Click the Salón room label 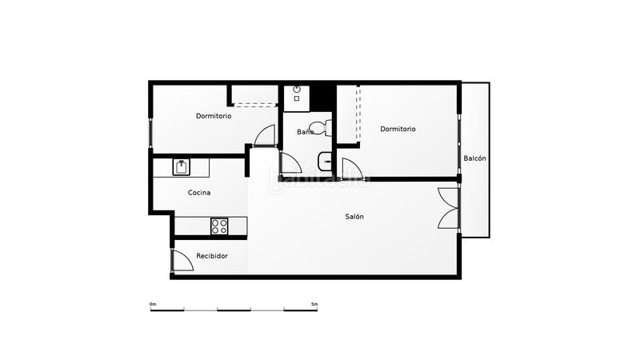(x=354, y=217)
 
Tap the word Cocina (x=199, y=193)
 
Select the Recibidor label (x=212, y=256)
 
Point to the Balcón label (x=474, y=158)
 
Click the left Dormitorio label (x=214, y=116)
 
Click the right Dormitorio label (x=398, y=129)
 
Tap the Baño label (x=306, y=132)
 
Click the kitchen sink (x=182, y=167)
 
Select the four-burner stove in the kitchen (x=220, y=226)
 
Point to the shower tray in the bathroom (x=297, y=96)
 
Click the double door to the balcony (x=449, y=209)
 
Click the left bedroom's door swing (x=265, y=136)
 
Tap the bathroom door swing (x=289, y=162)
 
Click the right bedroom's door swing (x=351, y=169)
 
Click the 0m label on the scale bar (x=153, y=304)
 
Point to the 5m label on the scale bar (x=314, y=304)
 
